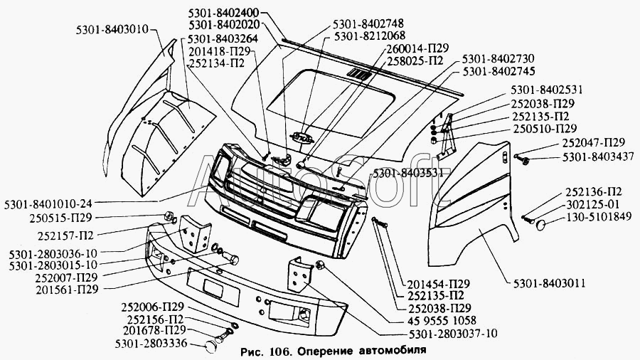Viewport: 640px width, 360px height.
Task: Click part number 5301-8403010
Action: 112,30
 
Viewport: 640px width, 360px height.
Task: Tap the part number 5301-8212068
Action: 370,36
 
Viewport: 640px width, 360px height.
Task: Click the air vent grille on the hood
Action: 360,75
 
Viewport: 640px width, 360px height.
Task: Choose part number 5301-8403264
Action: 228,38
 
